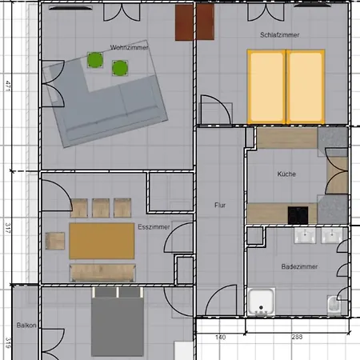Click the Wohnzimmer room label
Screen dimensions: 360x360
click(x=107, y=47)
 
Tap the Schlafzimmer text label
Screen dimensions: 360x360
click(x=279, y=36)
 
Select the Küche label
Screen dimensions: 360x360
click(x=286, y=174)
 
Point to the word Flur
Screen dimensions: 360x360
click(x=220, y=206)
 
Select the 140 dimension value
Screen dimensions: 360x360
click(x=221, y=338)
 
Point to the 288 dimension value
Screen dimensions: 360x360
click(x=297, y=338)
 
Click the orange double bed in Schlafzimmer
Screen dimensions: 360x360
click(x=286, y=86)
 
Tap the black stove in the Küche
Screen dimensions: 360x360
click(x=298, y=214)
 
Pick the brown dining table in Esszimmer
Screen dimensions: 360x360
click(x=102, y=241)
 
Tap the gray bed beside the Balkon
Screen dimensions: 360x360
click(x=118, y=324)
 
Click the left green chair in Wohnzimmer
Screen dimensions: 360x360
click(x=95, y=59)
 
